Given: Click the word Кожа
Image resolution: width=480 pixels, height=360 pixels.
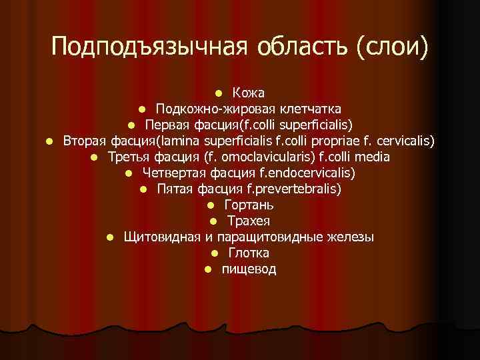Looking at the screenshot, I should click(x=249, y=92).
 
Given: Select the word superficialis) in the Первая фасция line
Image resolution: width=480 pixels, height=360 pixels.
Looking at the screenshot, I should click(x=313, y=125).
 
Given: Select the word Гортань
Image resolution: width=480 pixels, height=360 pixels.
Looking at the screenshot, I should click(x=248, y=205).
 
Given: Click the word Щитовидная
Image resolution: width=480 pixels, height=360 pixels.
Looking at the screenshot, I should click(x=162, y=237).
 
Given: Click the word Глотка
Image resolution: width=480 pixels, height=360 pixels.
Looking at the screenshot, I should click(x=249, y=253).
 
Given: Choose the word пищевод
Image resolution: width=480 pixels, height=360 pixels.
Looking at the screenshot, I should click(x=249, y=269).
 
